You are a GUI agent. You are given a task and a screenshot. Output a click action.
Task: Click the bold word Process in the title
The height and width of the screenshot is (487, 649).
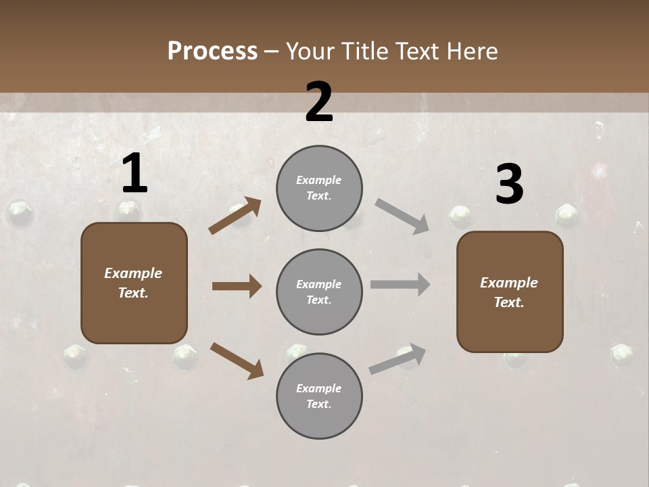[x=212, y=51]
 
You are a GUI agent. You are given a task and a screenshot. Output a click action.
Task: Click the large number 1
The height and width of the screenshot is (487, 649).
[x=135, y=174]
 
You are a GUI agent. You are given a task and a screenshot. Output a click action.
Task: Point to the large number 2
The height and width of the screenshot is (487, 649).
[x=319, y=102]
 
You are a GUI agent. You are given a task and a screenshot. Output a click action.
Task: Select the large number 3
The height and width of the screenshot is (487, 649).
[x=509, y=185]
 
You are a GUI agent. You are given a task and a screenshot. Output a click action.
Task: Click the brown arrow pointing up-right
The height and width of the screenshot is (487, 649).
[x=235, y=216]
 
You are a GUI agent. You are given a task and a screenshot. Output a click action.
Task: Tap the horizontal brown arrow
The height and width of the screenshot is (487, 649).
[x=237, y=286]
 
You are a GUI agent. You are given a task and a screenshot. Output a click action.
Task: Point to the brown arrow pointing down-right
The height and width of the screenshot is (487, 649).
[x=237, y=361]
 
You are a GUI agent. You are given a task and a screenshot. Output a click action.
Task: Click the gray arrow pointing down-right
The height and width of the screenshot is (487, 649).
[x=402, y=216]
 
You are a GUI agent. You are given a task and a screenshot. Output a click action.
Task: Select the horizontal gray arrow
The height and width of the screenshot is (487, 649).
[x=400, y=284]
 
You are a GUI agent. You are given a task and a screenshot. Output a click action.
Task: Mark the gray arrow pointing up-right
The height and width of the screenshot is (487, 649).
[x=398, y=359]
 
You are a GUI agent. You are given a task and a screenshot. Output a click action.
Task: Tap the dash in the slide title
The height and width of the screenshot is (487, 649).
[x=272, y=52]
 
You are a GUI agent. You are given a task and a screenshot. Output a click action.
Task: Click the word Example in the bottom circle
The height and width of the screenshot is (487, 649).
[x=318, y=388]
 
